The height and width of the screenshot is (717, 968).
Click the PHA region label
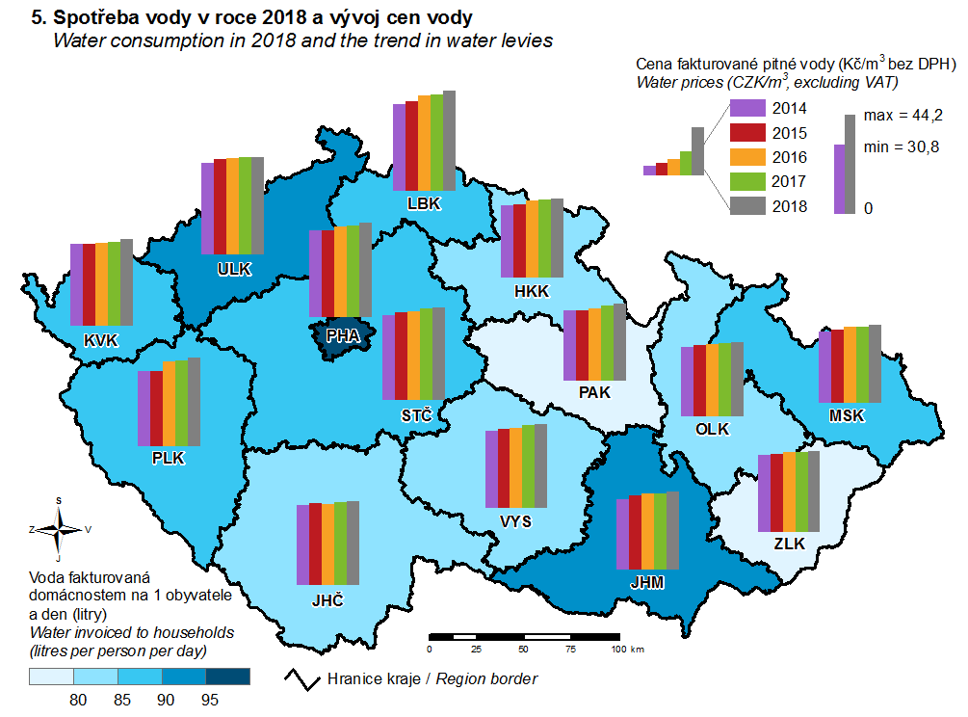pos(342,336)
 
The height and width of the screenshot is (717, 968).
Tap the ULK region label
pos(234,269)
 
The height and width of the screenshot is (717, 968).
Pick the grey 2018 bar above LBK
pos(449,140)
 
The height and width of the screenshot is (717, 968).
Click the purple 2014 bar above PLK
pos(144,410)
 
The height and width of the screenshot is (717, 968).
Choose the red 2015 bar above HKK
pos(519,240)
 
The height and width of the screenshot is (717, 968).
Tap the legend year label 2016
pos(790,156)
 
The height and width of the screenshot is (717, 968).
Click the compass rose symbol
pos(59,528)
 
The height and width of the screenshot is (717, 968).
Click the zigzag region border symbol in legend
pos(303,677)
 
